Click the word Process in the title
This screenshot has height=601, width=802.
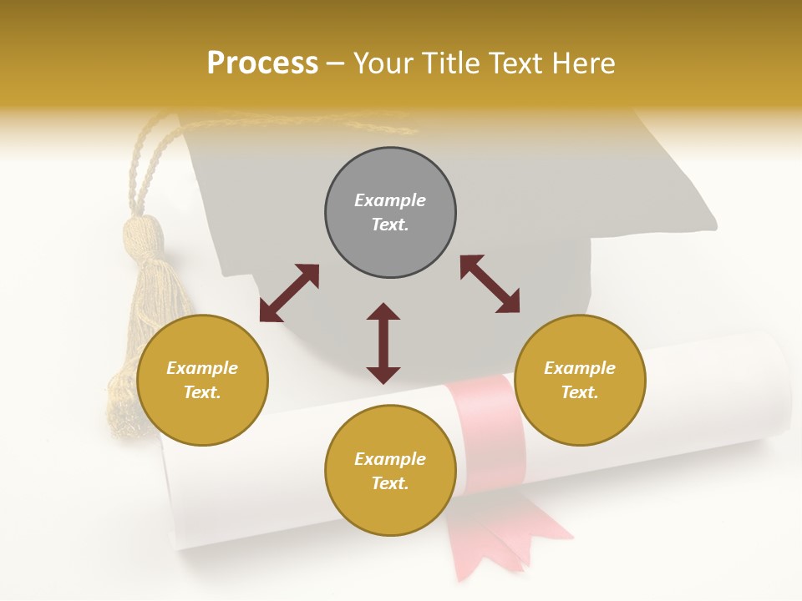click(x=262, y=63)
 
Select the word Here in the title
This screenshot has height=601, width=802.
click(x=582, y=63)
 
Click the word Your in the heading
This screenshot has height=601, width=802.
click(x=385, y=63)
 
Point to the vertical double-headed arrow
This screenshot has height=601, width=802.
click(x=383, y=343)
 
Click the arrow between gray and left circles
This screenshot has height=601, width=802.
click(x=289, y=293)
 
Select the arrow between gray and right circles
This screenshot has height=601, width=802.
click(x=490, y=284)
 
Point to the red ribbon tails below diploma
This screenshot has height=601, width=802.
click(x=501, y=534)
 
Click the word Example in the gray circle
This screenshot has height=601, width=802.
click(x=390, y=200)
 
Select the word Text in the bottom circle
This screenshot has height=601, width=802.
click(x=390, y=483)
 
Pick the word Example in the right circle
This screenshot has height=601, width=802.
click(x=580, y=368)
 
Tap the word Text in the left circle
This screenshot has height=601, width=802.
click(x=202, y=392)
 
